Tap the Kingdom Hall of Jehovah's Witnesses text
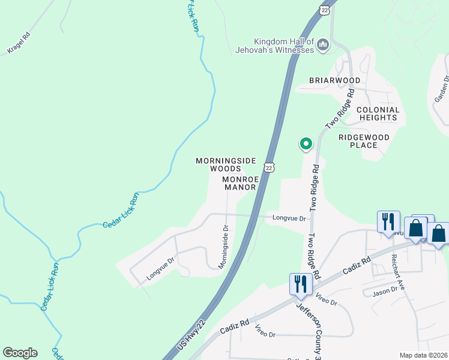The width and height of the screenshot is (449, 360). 284,46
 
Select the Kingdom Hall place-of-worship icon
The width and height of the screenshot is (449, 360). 324,45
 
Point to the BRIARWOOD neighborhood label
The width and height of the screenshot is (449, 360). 335,80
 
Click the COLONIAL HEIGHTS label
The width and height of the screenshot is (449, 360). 378,113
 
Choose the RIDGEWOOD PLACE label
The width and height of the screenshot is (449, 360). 364,141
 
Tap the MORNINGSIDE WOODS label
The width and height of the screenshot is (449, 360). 226,164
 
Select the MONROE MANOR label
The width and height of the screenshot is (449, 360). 240,183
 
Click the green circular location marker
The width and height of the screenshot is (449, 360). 306,143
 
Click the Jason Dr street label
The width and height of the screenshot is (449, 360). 385,290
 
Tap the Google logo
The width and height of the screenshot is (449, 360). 20,353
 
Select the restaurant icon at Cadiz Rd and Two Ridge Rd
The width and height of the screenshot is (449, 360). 300,284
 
